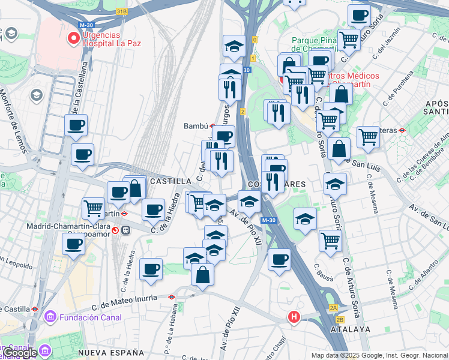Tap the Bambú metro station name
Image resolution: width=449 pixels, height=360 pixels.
(196, 126)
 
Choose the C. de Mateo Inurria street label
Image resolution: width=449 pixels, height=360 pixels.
(124, 297)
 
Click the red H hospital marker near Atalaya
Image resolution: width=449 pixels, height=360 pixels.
(294, 317)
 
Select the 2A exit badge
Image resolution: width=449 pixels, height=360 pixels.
(333, 308)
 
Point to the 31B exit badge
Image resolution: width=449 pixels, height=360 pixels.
(122, 11)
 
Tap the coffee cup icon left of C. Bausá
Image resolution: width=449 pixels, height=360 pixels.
(279, 260)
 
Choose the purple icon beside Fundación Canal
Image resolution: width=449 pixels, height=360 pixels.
(50, 316)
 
